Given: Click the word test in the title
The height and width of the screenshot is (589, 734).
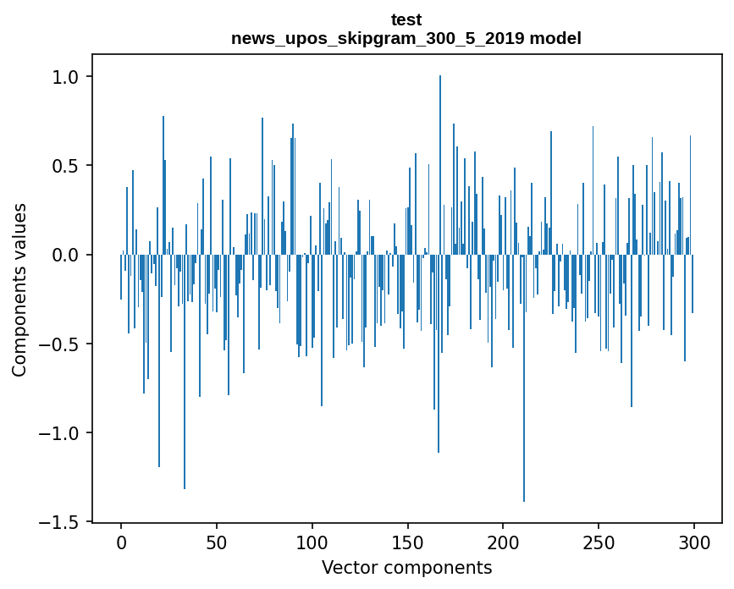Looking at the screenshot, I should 406,19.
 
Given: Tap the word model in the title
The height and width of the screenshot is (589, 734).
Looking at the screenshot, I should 555,39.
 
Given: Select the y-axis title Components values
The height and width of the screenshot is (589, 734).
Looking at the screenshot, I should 19,289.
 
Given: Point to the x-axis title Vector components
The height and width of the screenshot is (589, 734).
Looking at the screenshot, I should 406,567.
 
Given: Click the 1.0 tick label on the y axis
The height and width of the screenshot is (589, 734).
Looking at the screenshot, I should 64,77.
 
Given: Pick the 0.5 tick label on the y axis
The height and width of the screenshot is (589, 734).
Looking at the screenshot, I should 64,166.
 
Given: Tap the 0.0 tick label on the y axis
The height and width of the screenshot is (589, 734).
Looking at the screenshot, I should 64,255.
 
